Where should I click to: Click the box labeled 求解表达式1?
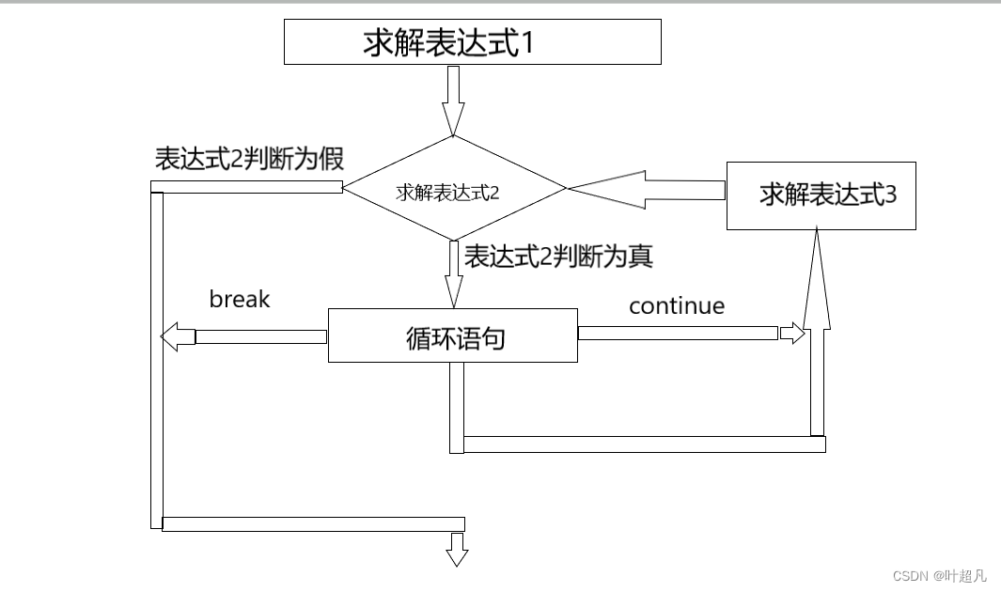472,42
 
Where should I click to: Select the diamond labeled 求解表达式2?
454,189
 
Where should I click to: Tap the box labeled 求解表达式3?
821,195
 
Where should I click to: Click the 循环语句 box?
452,335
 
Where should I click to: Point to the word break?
240,299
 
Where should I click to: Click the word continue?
677,305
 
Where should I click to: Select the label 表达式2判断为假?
250,159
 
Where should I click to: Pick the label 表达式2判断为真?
558,256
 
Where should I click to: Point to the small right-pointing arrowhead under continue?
793,333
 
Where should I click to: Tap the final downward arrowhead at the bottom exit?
457,555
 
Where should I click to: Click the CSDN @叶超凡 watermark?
939,575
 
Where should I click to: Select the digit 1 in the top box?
526,43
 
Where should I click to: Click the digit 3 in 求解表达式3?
890,195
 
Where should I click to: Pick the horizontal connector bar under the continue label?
678,333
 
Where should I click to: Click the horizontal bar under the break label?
260,335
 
